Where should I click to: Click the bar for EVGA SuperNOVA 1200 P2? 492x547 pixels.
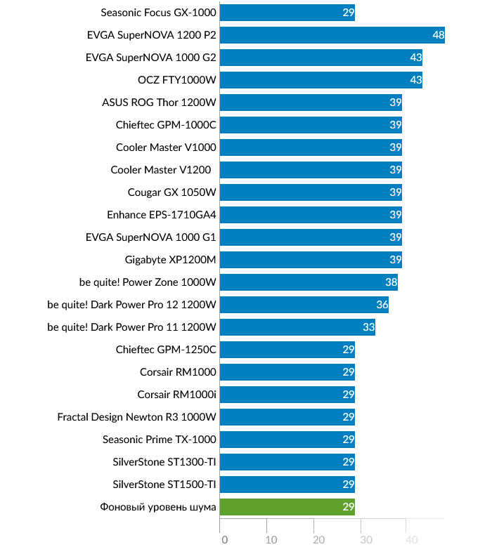(x=332, y=35)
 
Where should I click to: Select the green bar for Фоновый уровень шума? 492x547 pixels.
(x=287, y=507)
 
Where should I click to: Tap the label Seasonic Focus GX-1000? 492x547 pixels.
(x=158, y=13)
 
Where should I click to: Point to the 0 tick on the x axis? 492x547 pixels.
(x=224, y=540)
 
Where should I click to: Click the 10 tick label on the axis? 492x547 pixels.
(x=271, y=540)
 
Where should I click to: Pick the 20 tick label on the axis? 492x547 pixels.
(x=318, y=540)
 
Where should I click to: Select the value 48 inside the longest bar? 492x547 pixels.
(x=438, y=35)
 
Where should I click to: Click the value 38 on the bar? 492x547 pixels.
(x=391, y=282)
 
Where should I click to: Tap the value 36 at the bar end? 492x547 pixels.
(x=382, y=305)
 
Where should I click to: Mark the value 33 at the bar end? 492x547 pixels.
(x=368, y=327)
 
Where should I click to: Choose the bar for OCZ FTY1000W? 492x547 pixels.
(x=321, y=80)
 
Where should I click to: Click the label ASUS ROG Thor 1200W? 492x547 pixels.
(x=159, y=103)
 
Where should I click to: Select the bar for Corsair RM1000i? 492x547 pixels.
(x=287, y=395)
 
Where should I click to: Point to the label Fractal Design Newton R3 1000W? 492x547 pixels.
(x=136, y=417)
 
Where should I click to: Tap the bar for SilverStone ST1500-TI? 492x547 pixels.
(x=287, y=485)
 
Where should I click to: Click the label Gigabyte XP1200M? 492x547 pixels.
(x=170, y=260)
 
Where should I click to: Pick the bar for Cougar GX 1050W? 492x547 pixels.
(x=311, y=192)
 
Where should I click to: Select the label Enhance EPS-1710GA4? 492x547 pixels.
(x=161, y=215)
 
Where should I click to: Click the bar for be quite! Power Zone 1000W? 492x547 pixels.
(x=309, y=282)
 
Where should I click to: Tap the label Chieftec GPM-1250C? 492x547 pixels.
(x=166, y=350)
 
